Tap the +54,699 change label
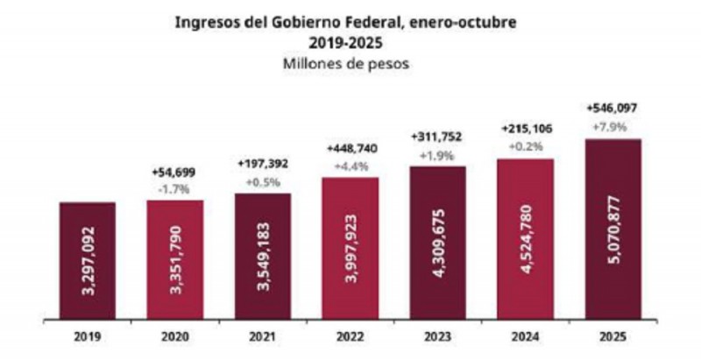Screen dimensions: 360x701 click(x=174, y=173)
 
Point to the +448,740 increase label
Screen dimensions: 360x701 click(x=350, y=148)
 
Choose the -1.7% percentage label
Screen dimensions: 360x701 click(x=174, y=188)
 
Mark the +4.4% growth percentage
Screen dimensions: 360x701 click(x=350, y=164)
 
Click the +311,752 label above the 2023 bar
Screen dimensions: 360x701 click(x=437, y=137)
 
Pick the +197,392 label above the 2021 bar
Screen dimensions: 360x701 click(x=263, y=164)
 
